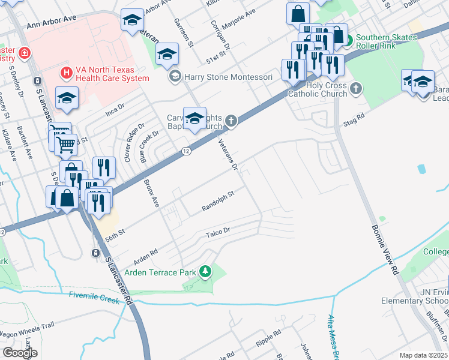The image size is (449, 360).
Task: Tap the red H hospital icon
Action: [66, 73]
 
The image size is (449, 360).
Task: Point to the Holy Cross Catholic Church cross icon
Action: [356, 89]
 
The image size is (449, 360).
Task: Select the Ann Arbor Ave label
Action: [51, 22]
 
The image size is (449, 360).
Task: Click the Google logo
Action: [20, 352]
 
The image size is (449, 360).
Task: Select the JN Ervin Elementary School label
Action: [414, 296]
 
